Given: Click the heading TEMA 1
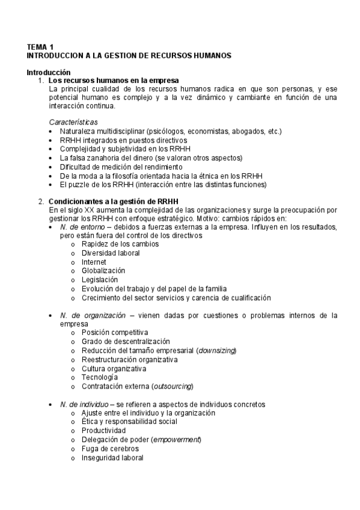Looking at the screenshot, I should [x=40, y=46].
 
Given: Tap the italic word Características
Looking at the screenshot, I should [x=73, y=122].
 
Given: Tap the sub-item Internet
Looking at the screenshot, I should [x=94, y=262].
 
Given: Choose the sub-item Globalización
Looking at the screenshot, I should [x=103, y=271].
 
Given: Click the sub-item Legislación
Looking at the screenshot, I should [x=100, y=280].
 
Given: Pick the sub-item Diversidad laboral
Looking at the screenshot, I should [x=111, y=253].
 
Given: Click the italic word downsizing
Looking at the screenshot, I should [x=218, y=351].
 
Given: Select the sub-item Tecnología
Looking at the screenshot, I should [x=100, y=377].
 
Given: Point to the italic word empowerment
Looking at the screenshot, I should [x=177, y=440].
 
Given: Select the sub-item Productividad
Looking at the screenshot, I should [x=103, y=431].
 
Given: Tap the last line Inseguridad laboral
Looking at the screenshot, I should [x=112, y=458].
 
